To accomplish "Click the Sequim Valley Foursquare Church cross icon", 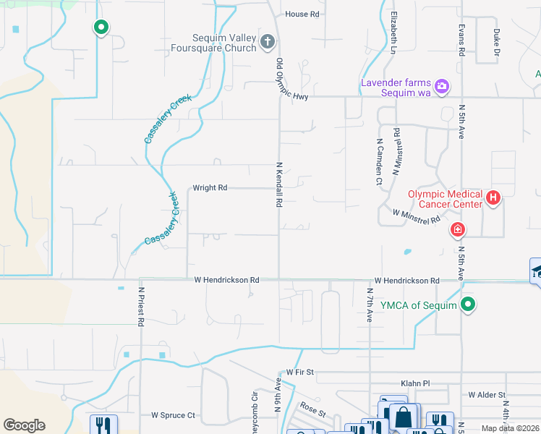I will (267, 41).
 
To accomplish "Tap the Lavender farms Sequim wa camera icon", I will (442, 87).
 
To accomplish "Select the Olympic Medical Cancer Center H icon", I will (493, 197).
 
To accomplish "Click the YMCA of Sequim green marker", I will (468, 305).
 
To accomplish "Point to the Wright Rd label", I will (210, 188).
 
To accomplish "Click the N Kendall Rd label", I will (278, 185).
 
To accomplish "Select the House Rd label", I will (302, 14).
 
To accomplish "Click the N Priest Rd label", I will (141, 307).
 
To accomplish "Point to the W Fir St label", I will (299, 372).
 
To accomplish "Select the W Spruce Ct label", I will (173, 416).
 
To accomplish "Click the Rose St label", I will (313, 409).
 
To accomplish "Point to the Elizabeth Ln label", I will (393, 33).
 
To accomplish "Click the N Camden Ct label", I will (378, 163).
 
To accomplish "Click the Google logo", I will (24, 425).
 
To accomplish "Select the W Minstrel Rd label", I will (416, 216).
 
